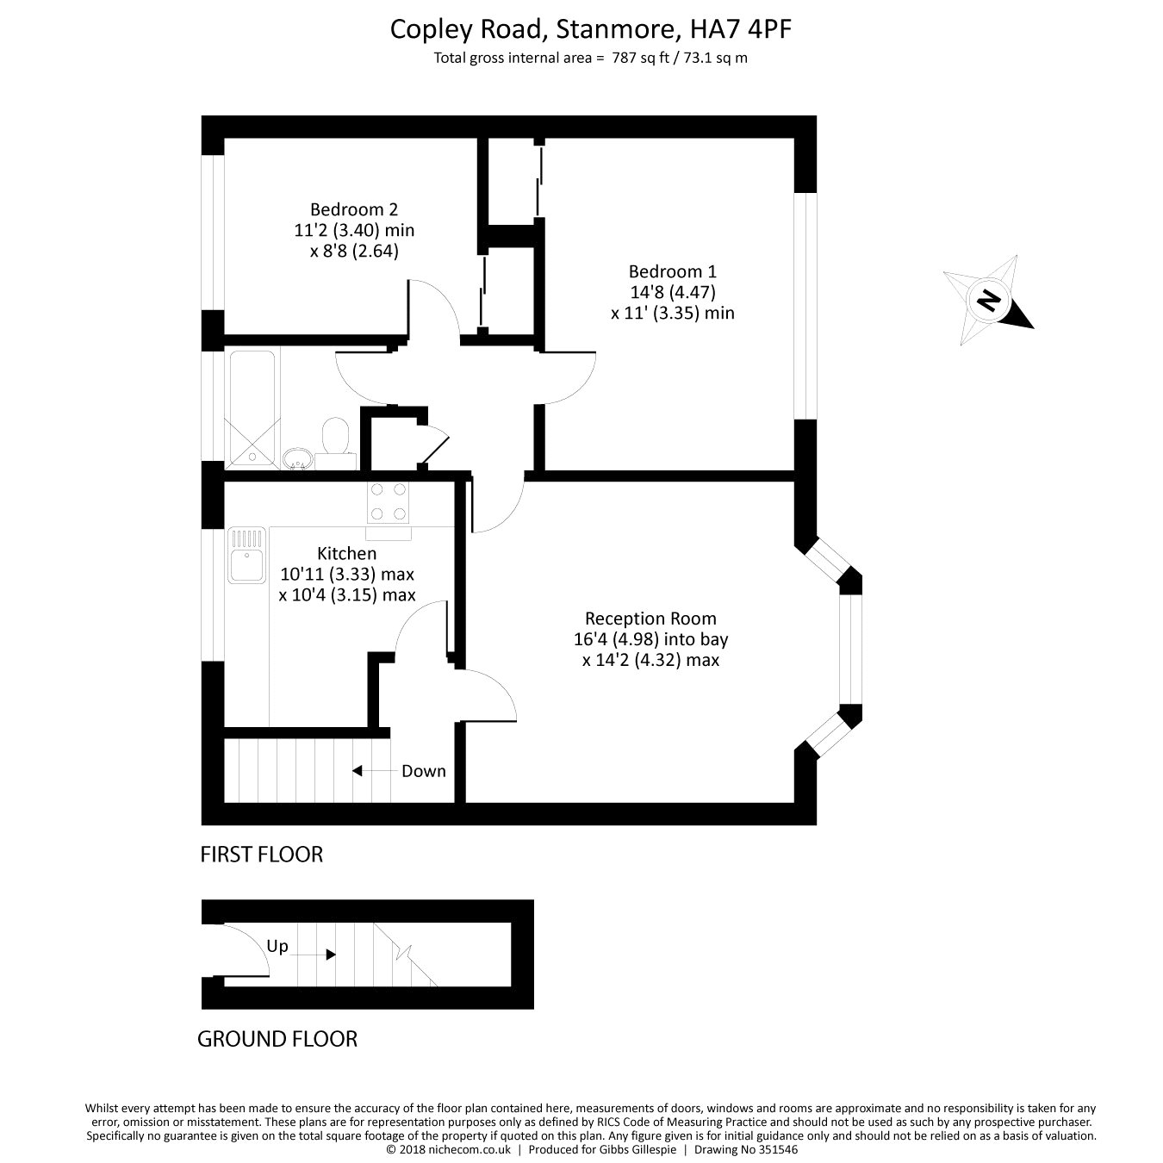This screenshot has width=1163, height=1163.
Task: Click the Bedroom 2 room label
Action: (354, 209)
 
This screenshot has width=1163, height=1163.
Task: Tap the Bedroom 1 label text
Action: (672, 271)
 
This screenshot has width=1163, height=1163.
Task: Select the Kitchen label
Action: (347, 553)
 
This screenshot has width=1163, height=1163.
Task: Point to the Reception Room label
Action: (650, 619)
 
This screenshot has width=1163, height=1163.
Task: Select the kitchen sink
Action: (247, 556)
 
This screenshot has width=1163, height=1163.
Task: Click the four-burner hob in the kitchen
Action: (388, 502)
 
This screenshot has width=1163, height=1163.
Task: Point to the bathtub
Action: (252, 409)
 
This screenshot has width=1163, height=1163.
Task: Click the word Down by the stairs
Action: (424, 771)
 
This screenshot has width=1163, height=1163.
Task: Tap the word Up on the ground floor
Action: (277, 946)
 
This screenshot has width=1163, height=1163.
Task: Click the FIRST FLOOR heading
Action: (262, 855)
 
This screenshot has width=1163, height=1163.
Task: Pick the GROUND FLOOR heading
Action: (277, 1039)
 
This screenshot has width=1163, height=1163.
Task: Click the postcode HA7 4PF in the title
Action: (741, 29)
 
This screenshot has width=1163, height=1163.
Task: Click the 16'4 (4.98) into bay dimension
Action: (650, 639)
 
